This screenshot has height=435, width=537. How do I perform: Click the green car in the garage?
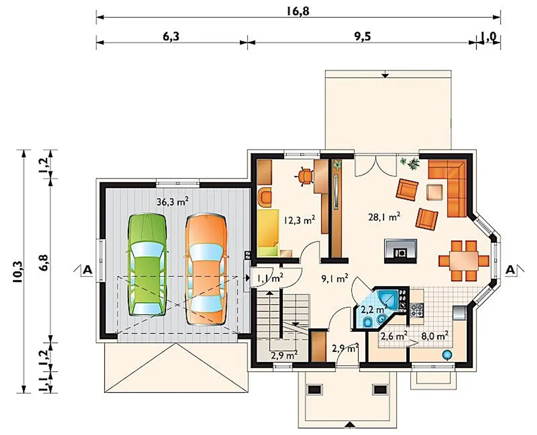point(148,264)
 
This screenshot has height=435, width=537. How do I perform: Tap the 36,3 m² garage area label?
point(172,202)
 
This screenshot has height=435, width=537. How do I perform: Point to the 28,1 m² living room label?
point(384,217)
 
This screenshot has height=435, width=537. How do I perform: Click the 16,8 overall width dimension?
point(298,11)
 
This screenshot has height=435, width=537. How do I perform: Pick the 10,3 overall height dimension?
point(18,272)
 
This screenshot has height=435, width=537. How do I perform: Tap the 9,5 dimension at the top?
point(363,36)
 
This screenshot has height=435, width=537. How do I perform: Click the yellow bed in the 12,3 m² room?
point(268,232)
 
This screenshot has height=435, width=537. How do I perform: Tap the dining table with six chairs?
point(464,261)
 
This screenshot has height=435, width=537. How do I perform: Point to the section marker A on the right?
point(511,270)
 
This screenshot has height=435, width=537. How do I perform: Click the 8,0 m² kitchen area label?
point(435,336)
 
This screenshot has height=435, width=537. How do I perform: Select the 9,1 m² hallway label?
point(335,279)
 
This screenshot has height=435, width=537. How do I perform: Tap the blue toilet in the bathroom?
point(369,323)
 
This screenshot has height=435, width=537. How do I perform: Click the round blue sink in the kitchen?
point(447,355)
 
